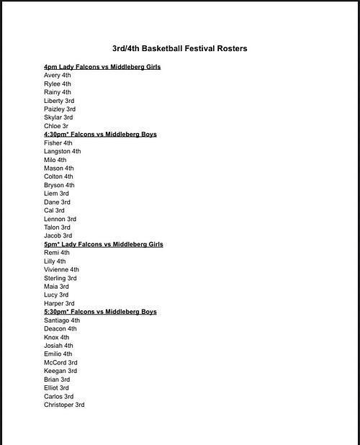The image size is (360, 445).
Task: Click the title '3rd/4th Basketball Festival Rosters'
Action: click(x=179, y=49)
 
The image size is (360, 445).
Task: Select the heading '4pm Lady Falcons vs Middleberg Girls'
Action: click(x=102, y=67)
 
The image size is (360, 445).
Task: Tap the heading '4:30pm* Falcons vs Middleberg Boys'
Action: click(x=100, y=135)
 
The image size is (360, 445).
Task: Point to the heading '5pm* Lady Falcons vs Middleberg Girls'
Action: click(x=103, y=245)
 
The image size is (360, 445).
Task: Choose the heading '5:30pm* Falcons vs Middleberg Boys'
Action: click(x=100, y=312)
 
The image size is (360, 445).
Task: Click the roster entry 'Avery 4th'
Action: click(x=57, y=76)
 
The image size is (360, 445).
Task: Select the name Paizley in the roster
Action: click(x=53, y=109)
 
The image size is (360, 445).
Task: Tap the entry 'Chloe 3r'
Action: click(x=55, y=126)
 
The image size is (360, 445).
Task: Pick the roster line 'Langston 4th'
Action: click(x=62, y=152)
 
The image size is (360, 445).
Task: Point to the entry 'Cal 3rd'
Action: click(x=54, y=211)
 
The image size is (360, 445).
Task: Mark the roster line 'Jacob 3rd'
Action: click(x=58, y=235)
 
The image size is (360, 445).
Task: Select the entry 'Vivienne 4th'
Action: click(x=61, y=270)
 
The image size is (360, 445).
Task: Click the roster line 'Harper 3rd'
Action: click(x=58, y=303)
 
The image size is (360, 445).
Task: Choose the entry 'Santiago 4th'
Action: click(x=61, y=320)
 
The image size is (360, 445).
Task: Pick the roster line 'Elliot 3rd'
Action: click(x=56, y=388)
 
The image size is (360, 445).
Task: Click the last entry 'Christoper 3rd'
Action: click(x=63, y=405)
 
